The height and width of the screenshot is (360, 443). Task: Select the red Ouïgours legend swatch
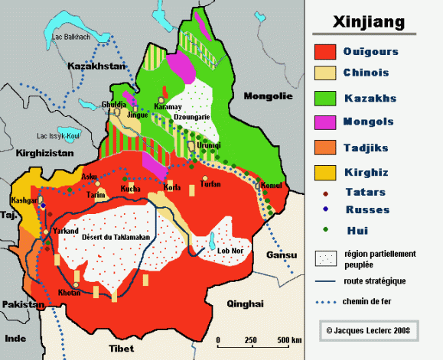pos(326,52)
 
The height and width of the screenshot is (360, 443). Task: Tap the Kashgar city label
pos(24,200)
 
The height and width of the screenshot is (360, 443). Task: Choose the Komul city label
pos(272,185)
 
